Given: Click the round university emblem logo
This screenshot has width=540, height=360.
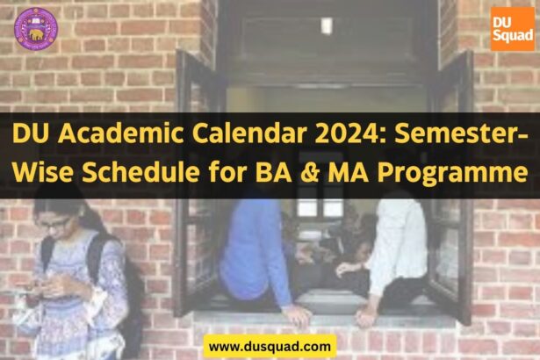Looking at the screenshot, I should tap(35, 28).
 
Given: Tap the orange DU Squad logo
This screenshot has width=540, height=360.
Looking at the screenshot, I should tap(511, 29).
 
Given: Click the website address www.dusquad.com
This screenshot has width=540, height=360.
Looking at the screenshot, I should tap(270, 346).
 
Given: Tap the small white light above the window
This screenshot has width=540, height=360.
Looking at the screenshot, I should tap(327, 25).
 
